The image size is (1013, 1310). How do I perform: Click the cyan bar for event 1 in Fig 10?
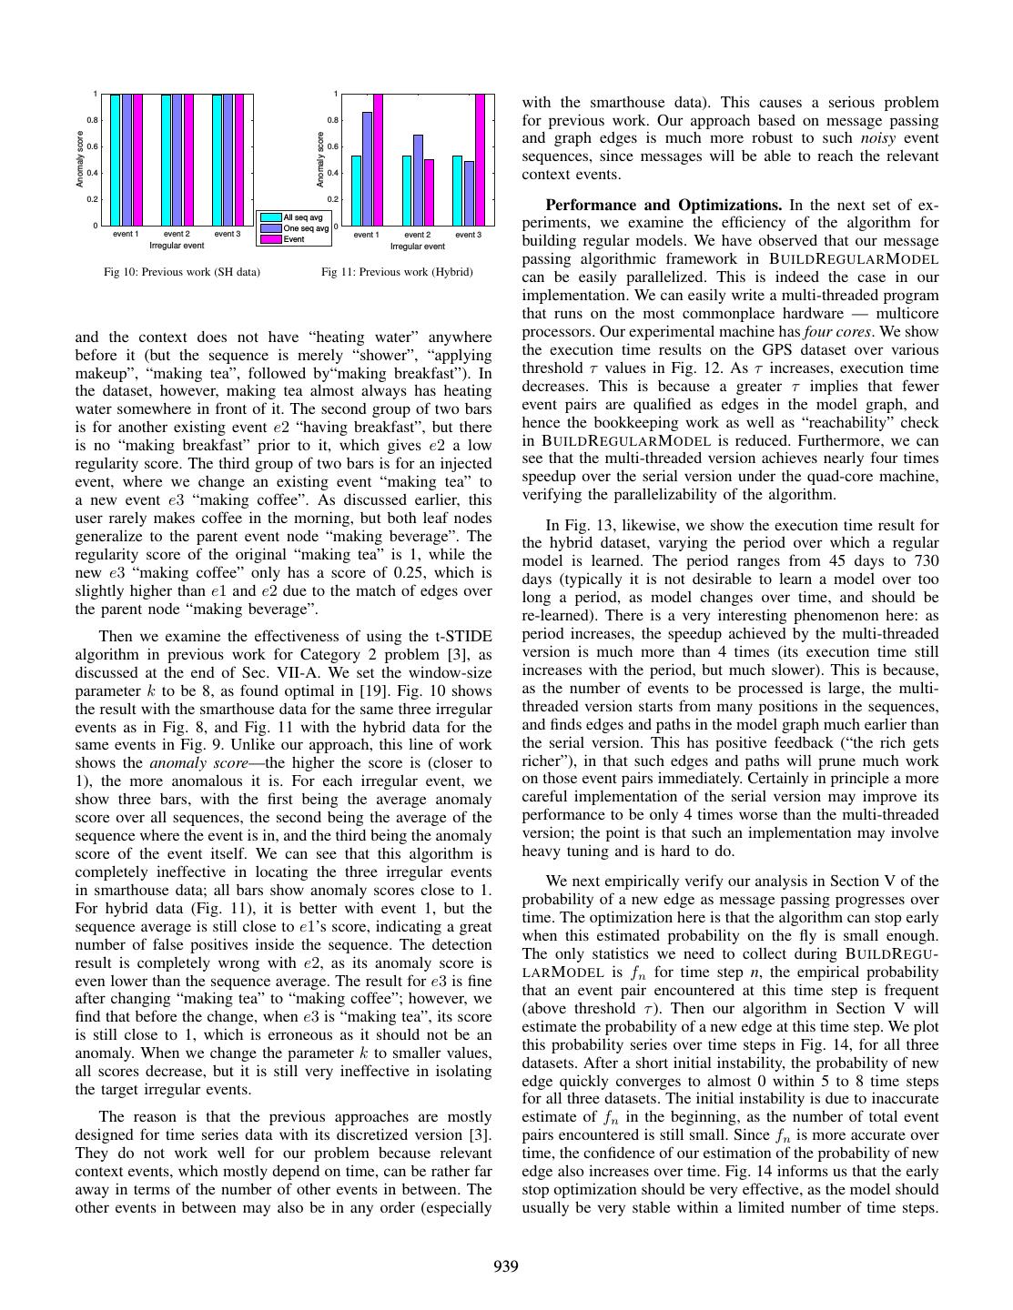116,159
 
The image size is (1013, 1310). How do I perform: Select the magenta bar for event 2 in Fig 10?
188,159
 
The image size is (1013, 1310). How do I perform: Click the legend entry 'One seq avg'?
305,228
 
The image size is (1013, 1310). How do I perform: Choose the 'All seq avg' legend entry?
303,217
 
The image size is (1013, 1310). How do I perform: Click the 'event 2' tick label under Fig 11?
417,235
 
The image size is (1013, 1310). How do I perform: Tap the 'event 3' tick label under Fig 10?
228,234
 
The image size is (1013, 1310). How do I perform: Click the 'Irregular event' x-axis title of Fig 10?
177,246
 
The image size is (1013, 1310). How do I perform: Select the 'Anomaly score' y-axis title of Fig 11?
320,160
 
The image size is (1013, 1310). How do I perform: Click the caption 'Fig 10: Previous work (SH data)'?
182,272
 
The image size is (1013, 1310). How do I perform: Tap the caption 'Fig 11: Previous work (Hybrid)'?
397,272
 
